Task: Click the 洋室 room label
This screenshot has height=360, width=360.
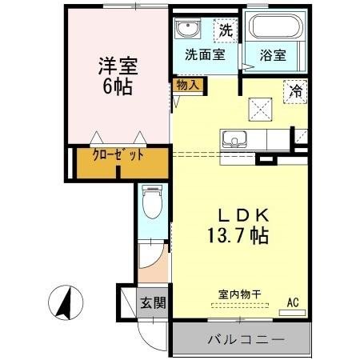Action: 116,65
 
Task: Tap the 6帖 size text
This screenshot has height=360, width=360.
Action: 116,86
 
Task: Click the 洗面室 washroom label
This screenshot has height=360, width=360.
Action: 205,55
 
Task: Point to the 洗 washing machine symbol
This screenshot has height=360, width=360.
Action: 226,32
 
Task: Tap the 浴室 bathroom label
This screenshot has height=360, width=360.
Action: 272,55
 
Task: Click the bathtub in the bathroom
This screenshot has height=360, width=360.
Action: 273,30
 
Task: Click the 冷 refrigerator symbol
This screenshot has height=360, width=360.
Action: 295,92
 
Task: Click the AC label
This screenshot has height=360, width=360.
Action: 294,302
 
